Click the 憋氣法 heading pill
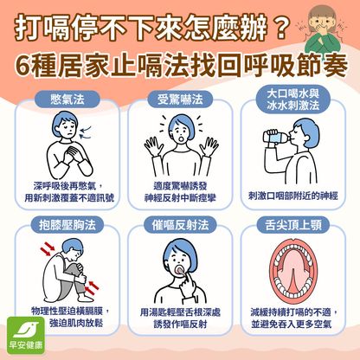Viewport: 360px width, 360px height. [67, 100]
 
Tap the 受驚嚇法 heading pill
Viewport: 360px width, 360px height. [180, 100]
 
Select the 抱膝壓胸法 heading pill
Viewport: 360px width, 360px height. [67, 225]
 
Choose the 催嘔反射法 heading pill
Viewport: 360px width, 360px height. [180, 225]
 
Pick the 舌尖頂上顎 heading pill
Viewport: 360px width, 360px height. [293, 225]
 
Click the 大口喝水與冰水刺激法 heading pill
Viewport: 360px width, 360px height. [293, 100]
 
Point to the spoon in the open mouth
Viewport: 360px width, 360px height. [180, 270]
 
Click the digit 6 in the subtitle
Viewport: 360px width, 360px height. [22, 67]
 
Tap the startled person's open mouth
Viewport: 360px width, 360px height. [181, 138]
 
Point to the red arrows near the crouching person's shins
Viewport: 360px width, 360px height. [92, 287]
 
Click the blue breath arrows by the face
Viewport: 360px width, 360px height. [86, 132]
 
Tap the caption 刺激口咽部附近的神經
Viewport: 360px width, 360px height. [293, 196]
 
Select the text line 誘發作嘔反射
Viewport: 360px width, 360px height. [180, 325]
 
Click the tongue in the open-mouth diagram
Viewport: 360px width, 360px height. [293, 275]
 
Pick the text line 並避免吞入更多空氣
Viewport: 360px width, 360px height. [291, 325]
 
